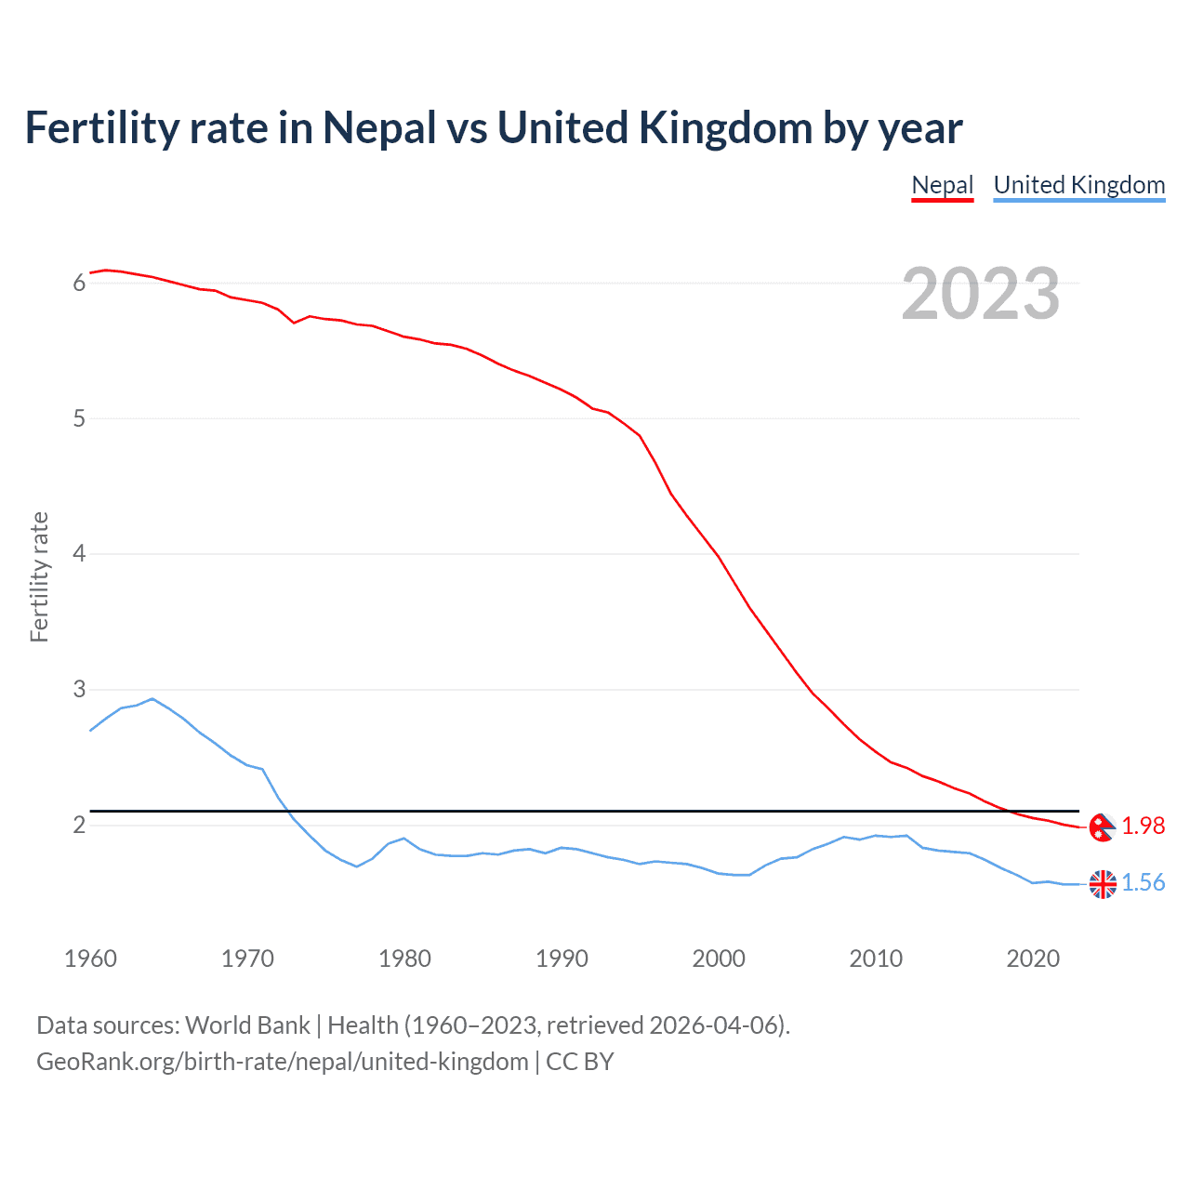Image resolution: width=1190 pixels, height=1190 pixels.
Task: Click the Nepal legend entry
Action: (x=942, y=185)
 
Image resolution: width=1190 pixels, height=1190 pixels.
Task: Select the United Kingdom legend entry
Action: (x=1078, y=185)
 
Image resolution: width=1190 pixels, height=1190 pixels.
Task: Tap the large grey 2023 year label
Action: (x=980, y=294)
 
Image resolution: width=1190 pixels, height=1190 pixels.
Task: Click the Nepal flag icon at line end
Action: (x=1102, y=826)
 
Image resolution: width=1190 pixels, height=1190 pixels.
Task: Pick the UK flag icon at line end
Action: (x=1102, y=884)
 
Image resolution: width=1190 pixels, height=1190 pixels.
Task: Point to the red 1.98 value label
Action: (x=1143, y=826)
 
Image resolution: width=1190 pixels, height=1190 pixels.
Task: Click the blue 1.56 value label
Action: (x=1143, y=882)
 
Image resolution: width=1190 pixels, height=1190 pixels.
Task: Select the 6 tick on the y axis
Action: (x=79, y=283)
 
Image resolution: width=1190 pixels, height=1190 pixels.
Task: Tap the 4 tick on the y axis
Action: (x=79, y=554)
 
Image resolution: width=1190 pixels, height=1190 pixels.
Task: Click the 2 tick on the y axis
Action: (x=79, y=826)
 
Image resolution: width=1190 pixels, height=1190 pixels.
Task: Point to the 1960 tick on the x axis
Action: (x=90, y=959)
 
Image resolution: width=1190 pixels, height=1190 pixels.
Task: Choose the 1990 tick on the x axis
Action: (x=562, y=959)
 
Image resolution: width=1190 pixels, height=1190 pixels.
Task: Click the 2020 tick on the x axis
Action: (x=1033, y=959)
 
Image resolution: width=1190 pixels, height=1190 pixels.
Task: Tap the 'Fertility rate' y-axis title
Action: (x=39, y=576)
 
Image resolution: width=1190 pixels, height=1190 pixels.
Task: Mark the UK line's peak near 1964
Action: (x=152, y=698)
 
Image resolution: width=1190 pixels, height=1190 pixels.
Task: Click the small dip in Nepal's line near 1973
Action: (x=294, y=322)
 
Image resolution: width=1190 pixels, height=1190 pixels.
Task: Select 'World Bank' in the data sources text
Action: (x=247, y=1025)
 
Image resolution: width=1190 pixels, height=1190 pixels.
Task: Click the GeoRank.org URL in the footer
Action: (x=282, y=1062)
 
